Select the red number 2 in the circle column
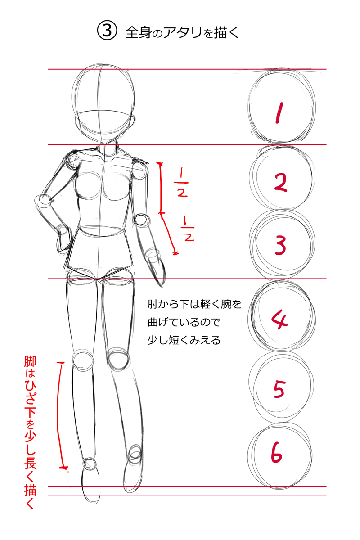pyautogui.click(x=280, y=182)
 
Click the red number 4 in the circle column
pyautogui.click(x=280, y=319)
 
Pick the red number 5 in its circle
pyautogui.click(x=279, y=389)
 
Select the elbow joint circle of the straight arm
pyautogui.click(x=141, y=220)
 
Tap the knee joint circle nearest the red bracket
pyautogui.click(x=82, y=360)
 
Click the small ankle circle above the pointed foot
pyautogui.click(x=90, y=463)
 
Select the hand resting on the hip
pyautogui.click(x=63, y=238)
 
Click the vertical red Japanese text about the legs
pyautogui.click(x=30, y=432)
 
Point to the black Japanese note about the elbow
pyautogui.click(x=194, y=322)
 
